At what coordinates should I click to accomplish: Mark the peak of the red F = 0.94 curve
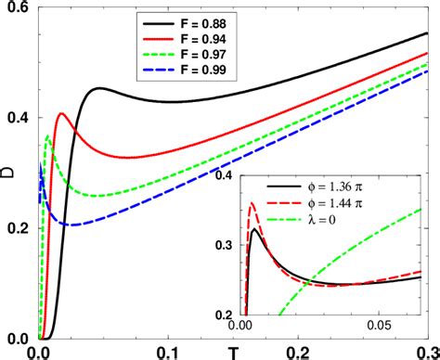click(61, 113)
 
